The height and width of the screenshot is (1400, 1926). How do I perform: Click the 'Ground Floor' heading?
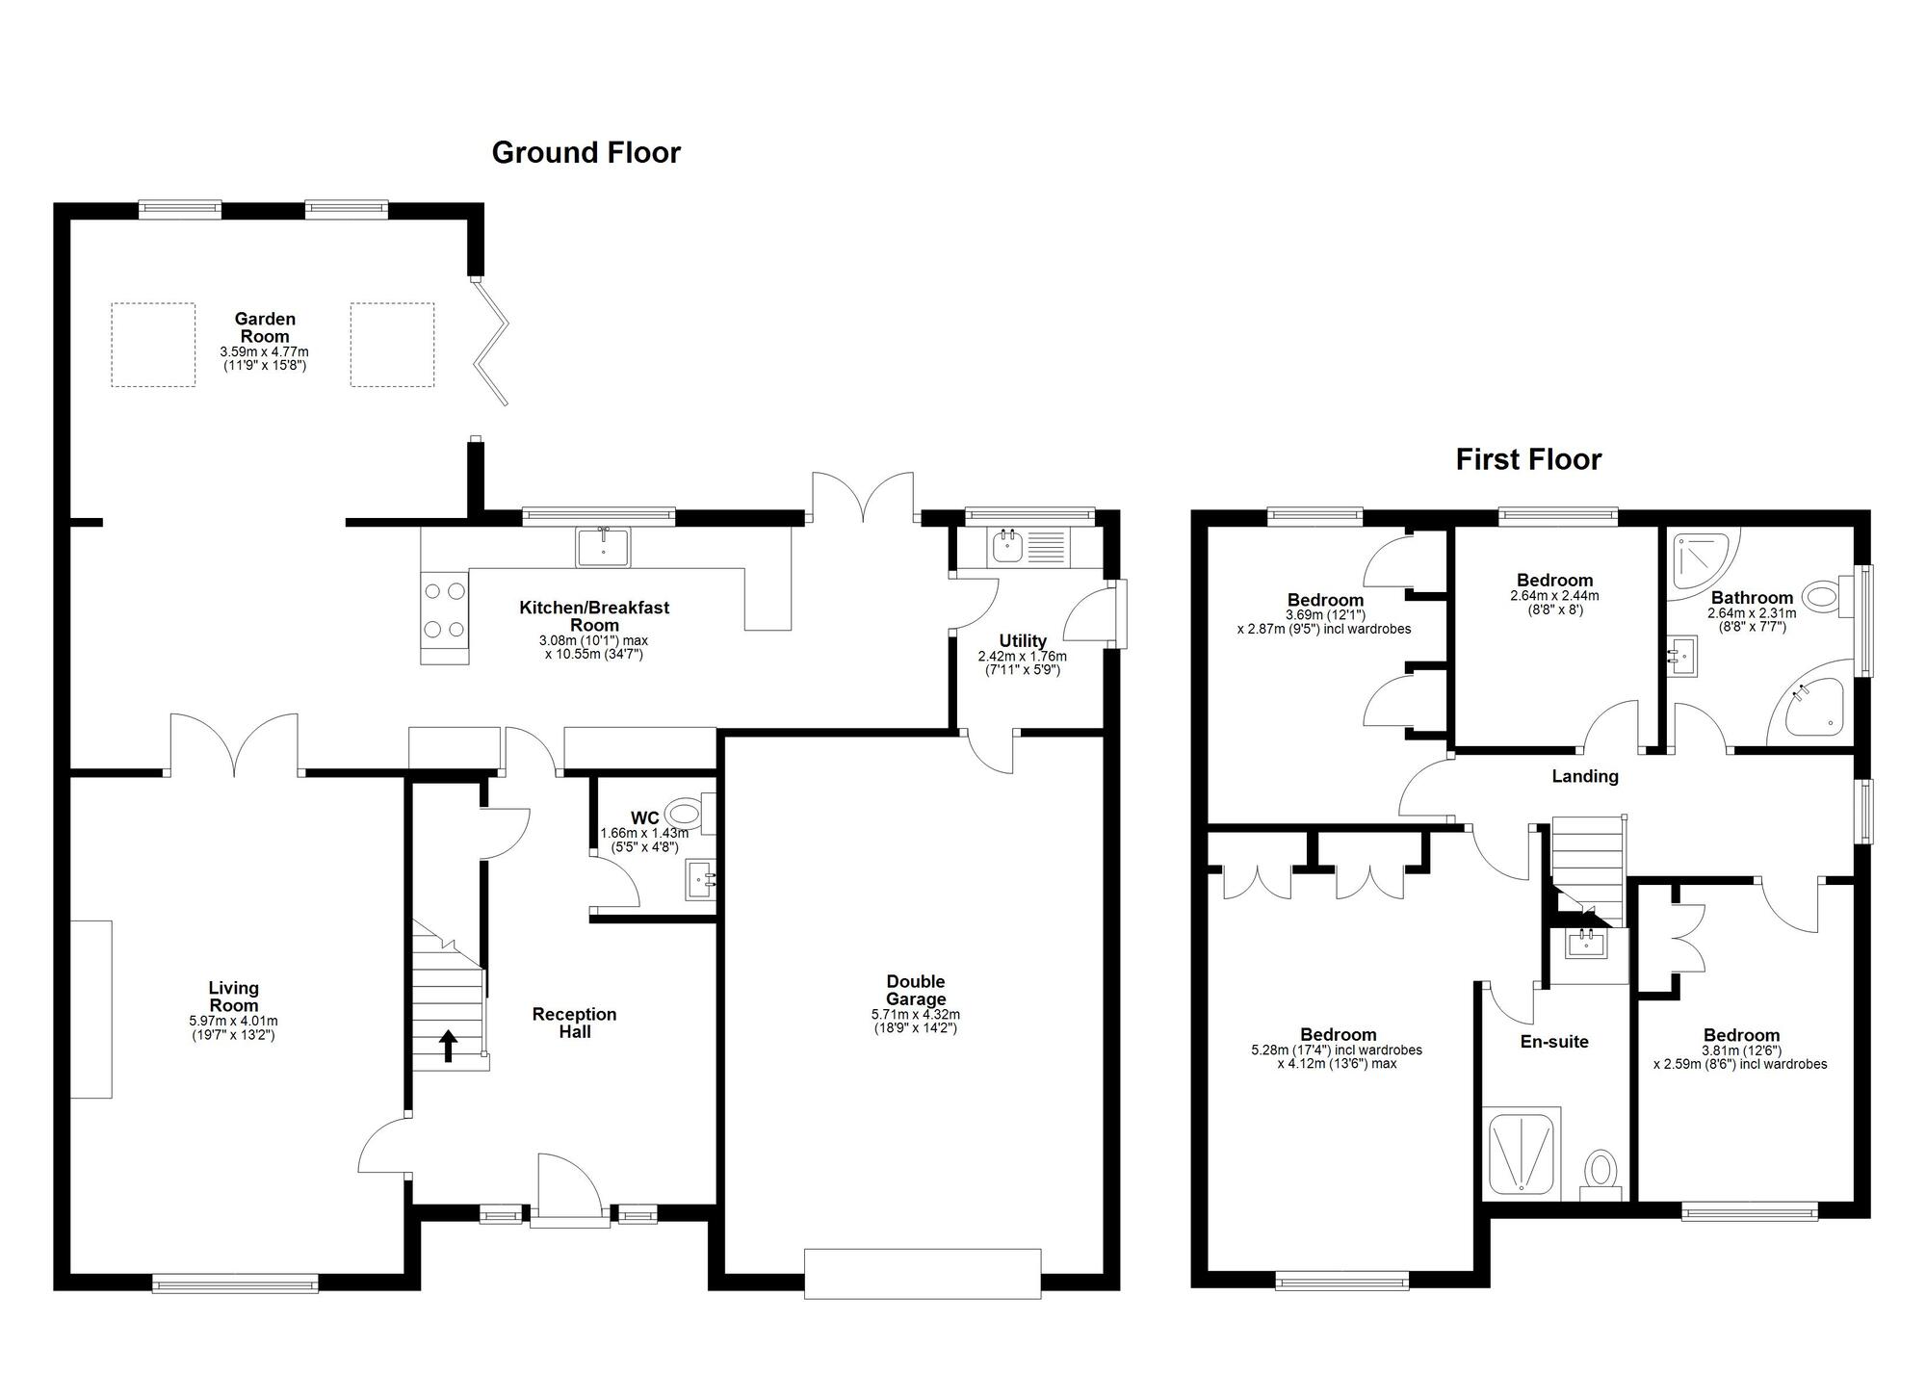[x=586, y=152]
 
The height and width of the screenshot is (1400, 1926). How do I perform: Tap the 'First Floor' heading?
[x=1528, y=459]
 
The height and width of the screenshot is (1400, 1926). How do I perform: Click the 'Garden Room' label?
[x=265, y=327]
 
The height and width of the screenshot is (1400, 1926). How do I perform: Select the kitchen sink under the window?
[x=603, y=548]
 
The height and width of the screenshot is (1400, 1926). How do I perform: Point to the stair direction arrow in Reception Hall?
[x=448, y=1045]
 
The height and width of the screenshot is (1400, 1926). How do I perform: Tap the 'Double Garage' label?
[x=915, y=990]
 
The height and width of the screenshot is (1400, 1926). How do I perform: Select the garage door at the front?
[x=923, y=1273]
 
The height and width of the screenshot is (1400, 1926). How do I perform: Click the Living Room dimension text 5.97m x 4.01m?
[x=233, y=1022]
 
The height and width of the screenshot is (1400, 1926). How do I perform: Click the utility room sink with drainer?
[x=1028, y=548]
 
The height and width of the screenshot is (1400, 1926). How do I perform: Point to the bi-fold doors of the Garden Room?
[x=491, y=342]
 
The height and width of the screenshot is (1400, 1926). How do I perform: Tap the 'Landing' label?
[x=1584, y=776]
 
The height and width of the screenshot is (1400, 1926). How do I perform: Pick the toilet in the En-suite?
[x=1601, y=1173]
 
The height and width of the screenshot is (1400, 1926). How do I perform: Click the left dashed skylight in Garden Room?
[x=153, y=345]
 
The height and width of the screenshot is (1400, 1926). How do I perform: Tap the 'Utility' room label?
[x=1022, y=640]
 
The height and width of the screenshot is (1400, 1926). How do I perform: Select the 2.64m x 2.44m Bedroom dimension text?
[x=1554, y=596]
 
